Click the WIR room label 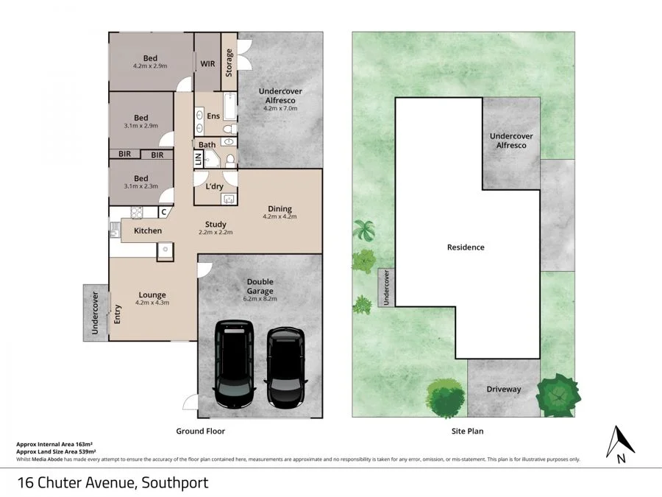click(208, 64)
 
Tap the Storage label click(229, 63)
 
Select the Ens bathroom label click(213, 116)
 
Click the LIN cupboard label click(198, 159)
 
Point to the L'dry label click(214, 186)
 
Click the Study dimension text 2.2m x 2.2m click(216, 233)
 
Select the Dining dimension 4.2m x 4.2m click(280, 217)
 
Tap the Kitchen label click(148, 231)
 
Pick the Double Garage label click(260, 286)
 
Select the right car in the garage click(285, 369)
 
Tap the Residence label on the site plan click(466, 247)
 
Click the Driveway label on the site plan click(504, 389)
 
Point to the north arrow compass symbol click(620, 443)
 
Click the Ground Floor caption click(200, 431)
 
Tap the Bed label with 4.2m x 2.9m click(150, 58)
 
